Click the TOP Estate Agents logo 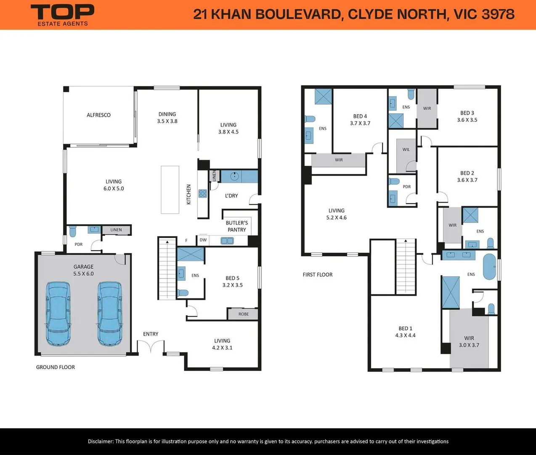62,15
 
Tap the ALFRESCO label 98,115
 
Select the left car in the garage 58,314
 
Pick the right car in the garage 110,314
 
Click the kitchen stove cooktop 203,193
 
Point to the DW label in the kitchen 203,240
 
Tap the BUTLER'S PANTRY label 237,226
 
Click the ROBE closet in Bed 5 243,314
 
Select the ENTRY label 151,334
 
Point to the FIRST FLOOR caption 318,275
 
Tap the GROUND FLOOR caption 56,367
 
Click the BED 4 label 360,116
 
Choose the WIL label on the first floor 406,150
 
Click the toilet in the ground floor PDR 73,231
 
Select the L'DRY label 231,196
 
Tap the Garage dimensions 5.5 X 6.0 83,273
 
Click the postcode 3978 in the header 498,14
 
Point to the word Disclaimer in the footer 101,441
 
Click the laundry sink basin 235,176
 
